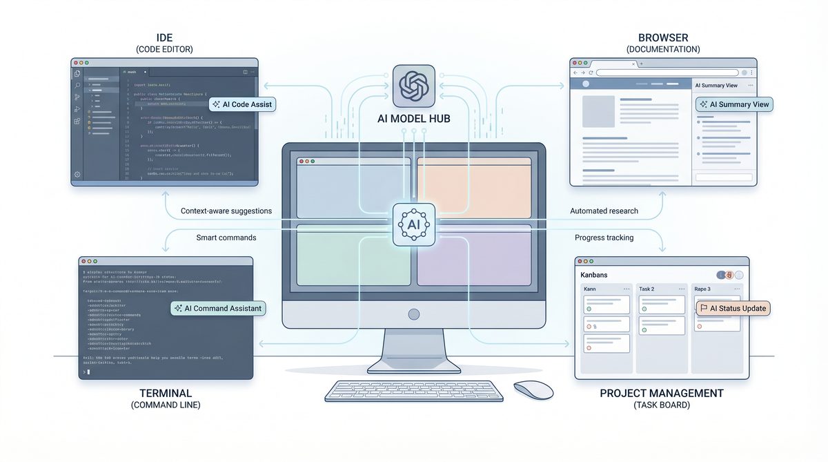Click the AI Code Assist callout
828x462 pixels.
(242, 104)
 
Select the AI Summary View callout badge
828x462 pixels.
(733, 104)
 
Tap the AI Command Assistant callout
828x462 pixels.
(219, 308)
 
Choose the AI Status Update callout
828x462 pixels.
(732, 308)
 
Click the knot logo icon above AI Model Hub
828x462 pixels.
(414, 86)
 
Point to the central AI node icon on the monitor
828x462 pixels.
(414, 225)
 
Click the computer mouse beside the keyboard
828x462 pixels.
(533, 389)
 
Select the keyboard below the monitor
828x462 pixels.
(414, 391)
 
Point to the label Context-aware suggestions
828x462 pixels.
(226, 211)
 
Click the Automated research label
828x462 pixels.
(604, 211)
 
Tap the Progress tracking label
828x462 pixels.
(604, 238)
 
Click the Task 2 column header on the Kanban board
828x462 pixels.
(647, 289)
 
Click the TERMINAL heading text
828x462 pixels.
(166, 393)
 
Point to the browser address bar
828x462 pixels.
(668, 73)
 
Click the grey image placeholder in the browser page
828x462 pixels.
(598, 113)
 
